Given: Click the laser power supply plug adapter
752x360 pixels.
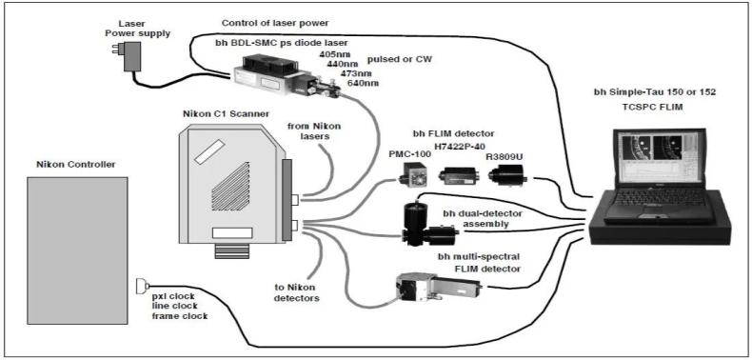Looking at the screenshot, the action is (129, 55).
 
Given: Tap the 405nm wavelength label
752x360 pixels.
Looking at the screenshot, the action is (331, 54).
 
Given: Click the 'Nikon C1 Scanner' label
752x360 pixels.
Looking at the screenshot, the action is (226, 114).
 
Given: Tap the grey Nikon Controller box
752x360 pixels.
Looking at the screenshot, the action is (77, 250).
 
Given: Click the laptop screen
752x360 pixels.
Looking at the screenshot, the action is (660, 158).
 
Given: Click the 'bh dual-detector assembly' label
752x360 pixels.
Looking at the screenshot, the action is (482, 218).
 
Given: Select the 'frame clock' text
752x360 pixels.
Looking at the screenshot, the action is (180, 316).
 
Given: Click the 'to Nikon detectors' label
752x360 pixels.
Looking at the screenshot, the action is (295, 292).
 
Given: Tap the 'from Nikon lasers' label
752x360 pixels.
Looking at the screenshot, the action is (314, 131).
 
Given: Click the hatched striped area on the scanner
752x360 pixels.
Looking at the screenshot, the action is (230, 187).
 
